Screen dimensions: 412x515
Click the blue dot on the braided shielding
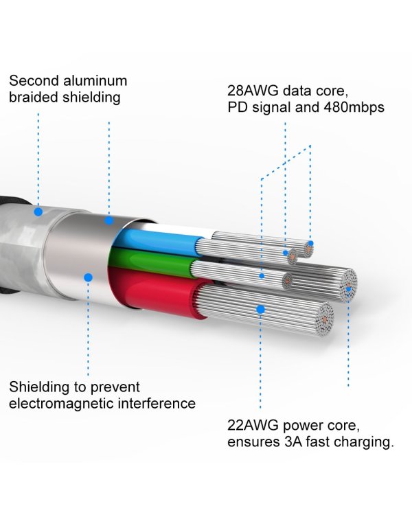pos(38,212)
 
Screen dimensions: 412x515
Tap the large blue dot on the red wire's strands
pos(260,310)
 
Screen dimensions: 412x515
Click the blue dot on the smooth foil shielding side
pos(88,277)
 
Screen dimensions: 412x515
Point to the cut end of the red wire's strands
pos(324,319)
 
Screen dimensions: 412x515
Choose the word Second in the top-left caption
pos(34,81)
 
